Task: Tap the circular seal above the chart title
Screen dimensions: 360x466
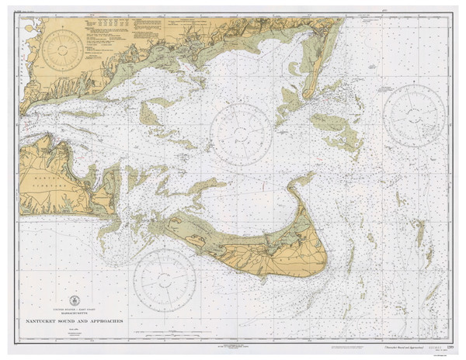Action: (x=75, y=300)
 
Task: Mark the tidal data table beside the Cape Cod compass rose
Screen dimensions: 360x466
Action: (x=109, y=26)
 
